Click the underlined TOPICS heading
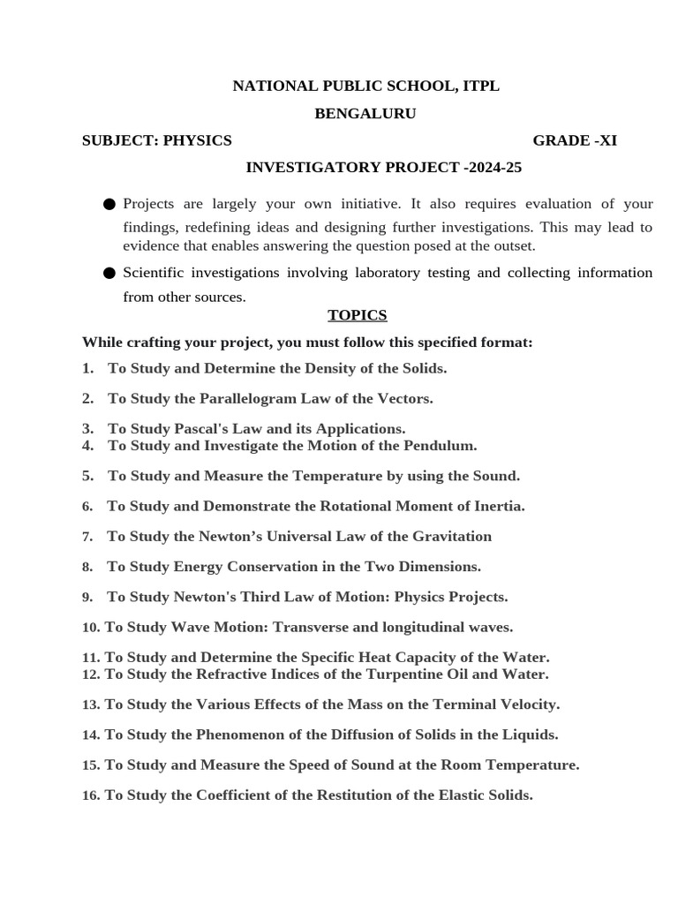[357, 315]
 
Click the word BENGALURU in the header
[365, 113]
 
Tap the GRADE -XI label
[575, 140]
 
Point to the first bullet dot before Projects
[109, 205]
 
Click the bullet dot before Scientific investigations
[109, 274]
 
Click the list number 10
[90, 628]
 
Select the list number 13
[90, 704]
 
